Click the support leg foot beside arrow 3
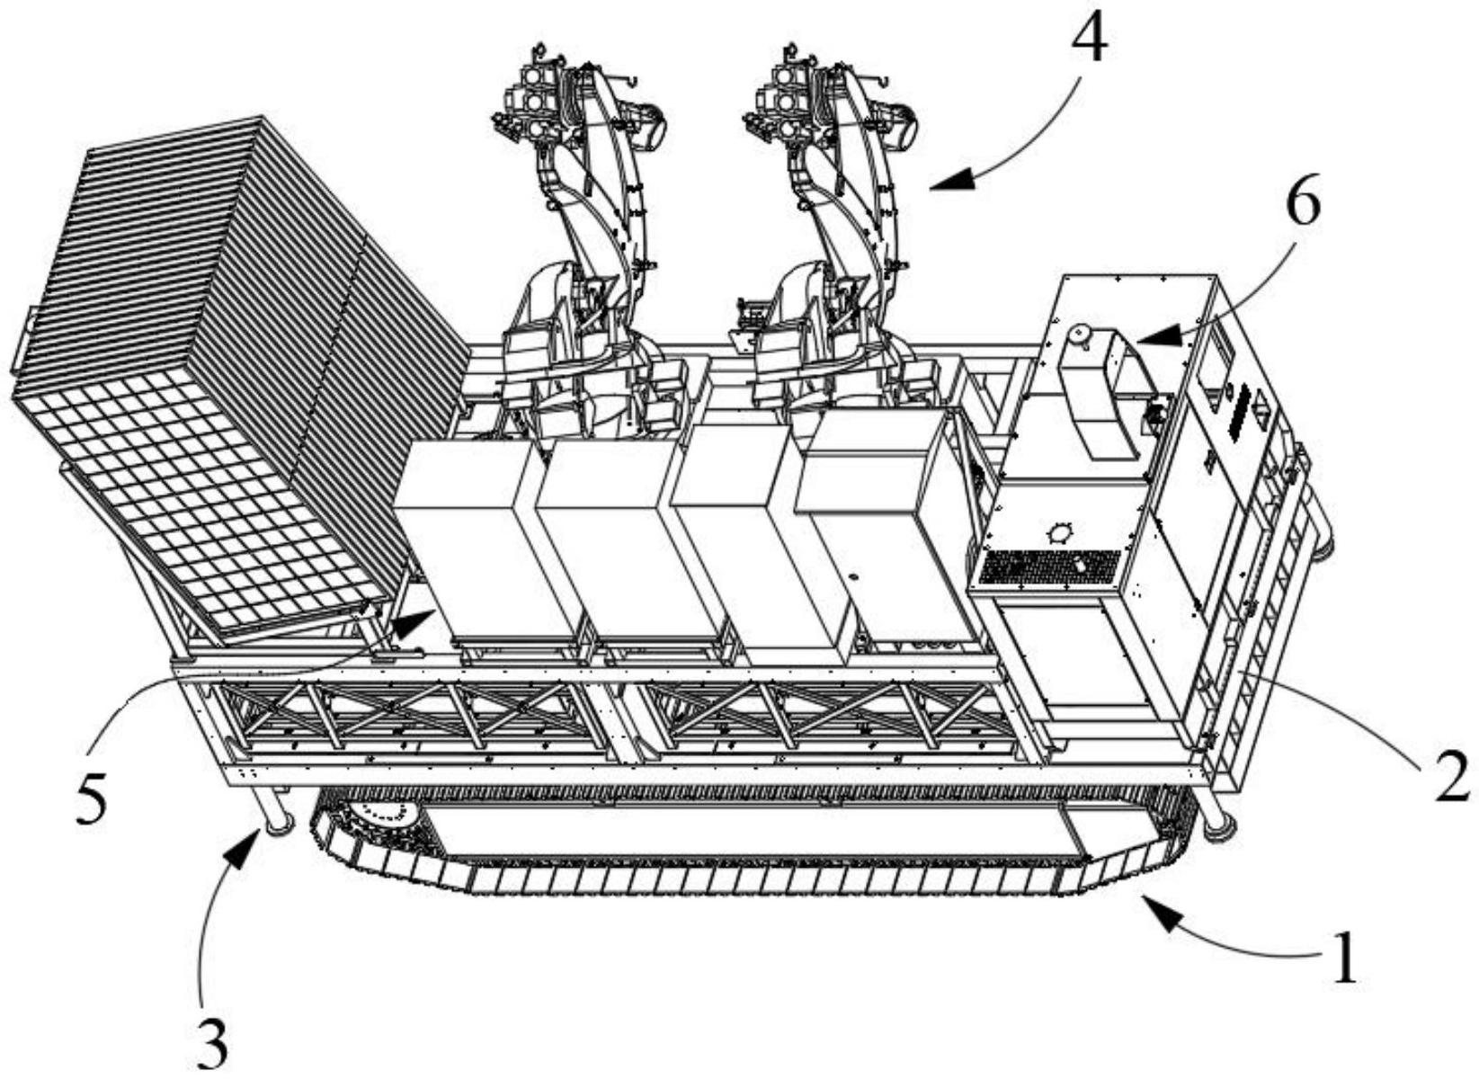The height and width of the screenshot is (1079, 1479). tap(277, 825)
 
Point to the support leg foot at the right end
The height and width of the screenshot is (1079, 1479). tap(1218, 830)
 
